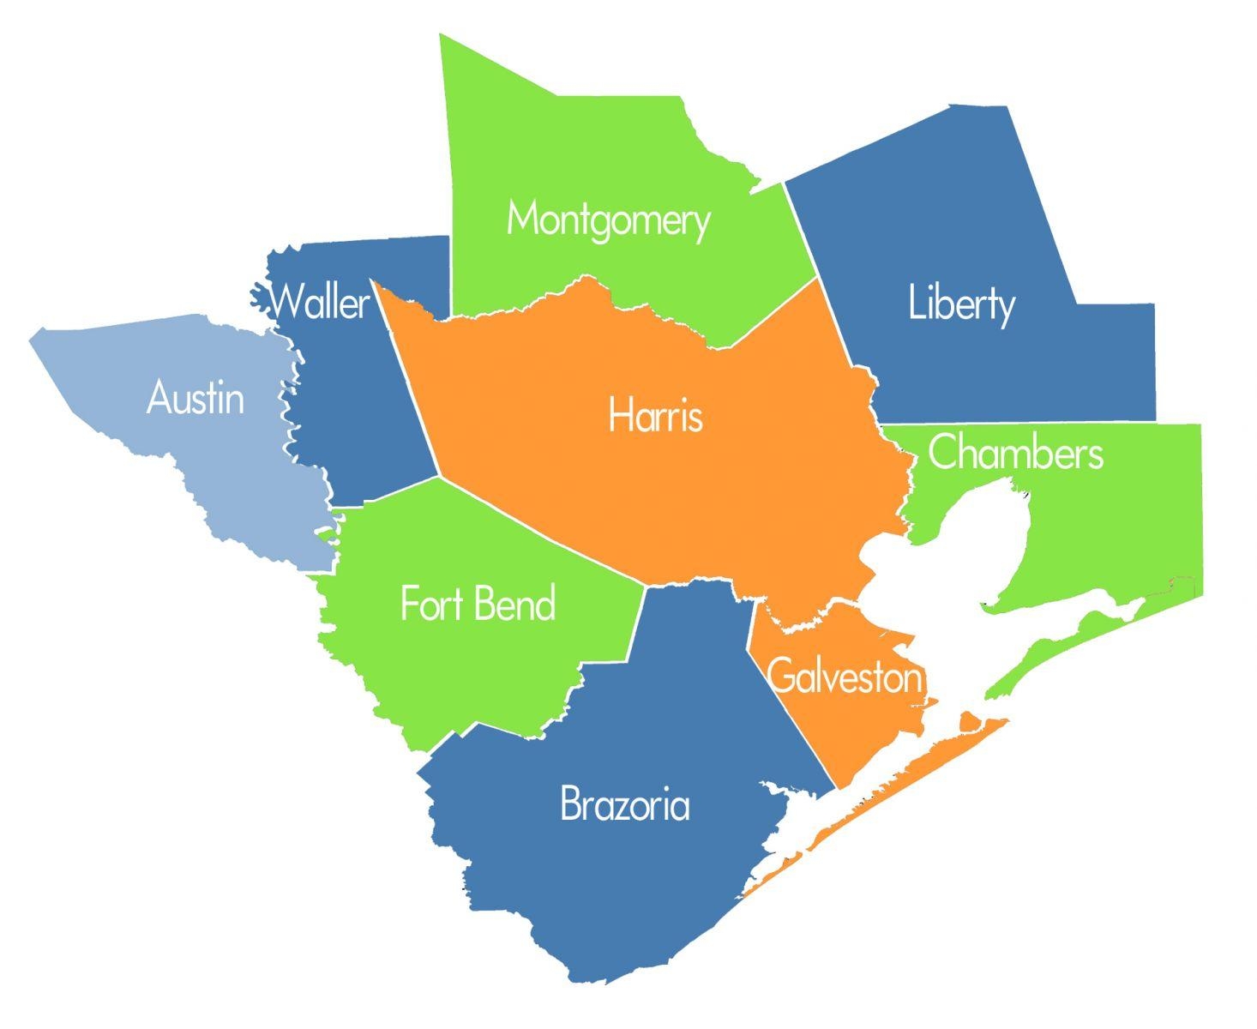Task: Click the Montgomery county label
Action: pyautogui.click(x=608, y=220)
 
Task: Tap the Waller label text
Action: pyautogui.click(x=320, y=302)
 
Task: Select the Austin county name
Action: pyautogui.click(x=195, y=399)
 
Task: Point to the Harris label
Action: pyautogui.click(x=656, y=416)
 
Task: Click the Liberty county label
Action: pyautogui.click(x=961, y=304)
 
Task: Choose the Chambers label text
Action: pyautogui.click(x=1015, y=453)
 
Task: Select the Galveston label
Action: pyautogui.click(x=845, y=677)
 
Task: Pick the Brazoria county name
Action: pyautogui.click(x=624, y=805)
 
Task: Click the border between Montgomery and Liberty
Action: pyautogui.click(x=800, y=227)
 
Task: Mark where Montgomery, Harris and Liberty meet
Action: pyautogui.click(x=818, y=278)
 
